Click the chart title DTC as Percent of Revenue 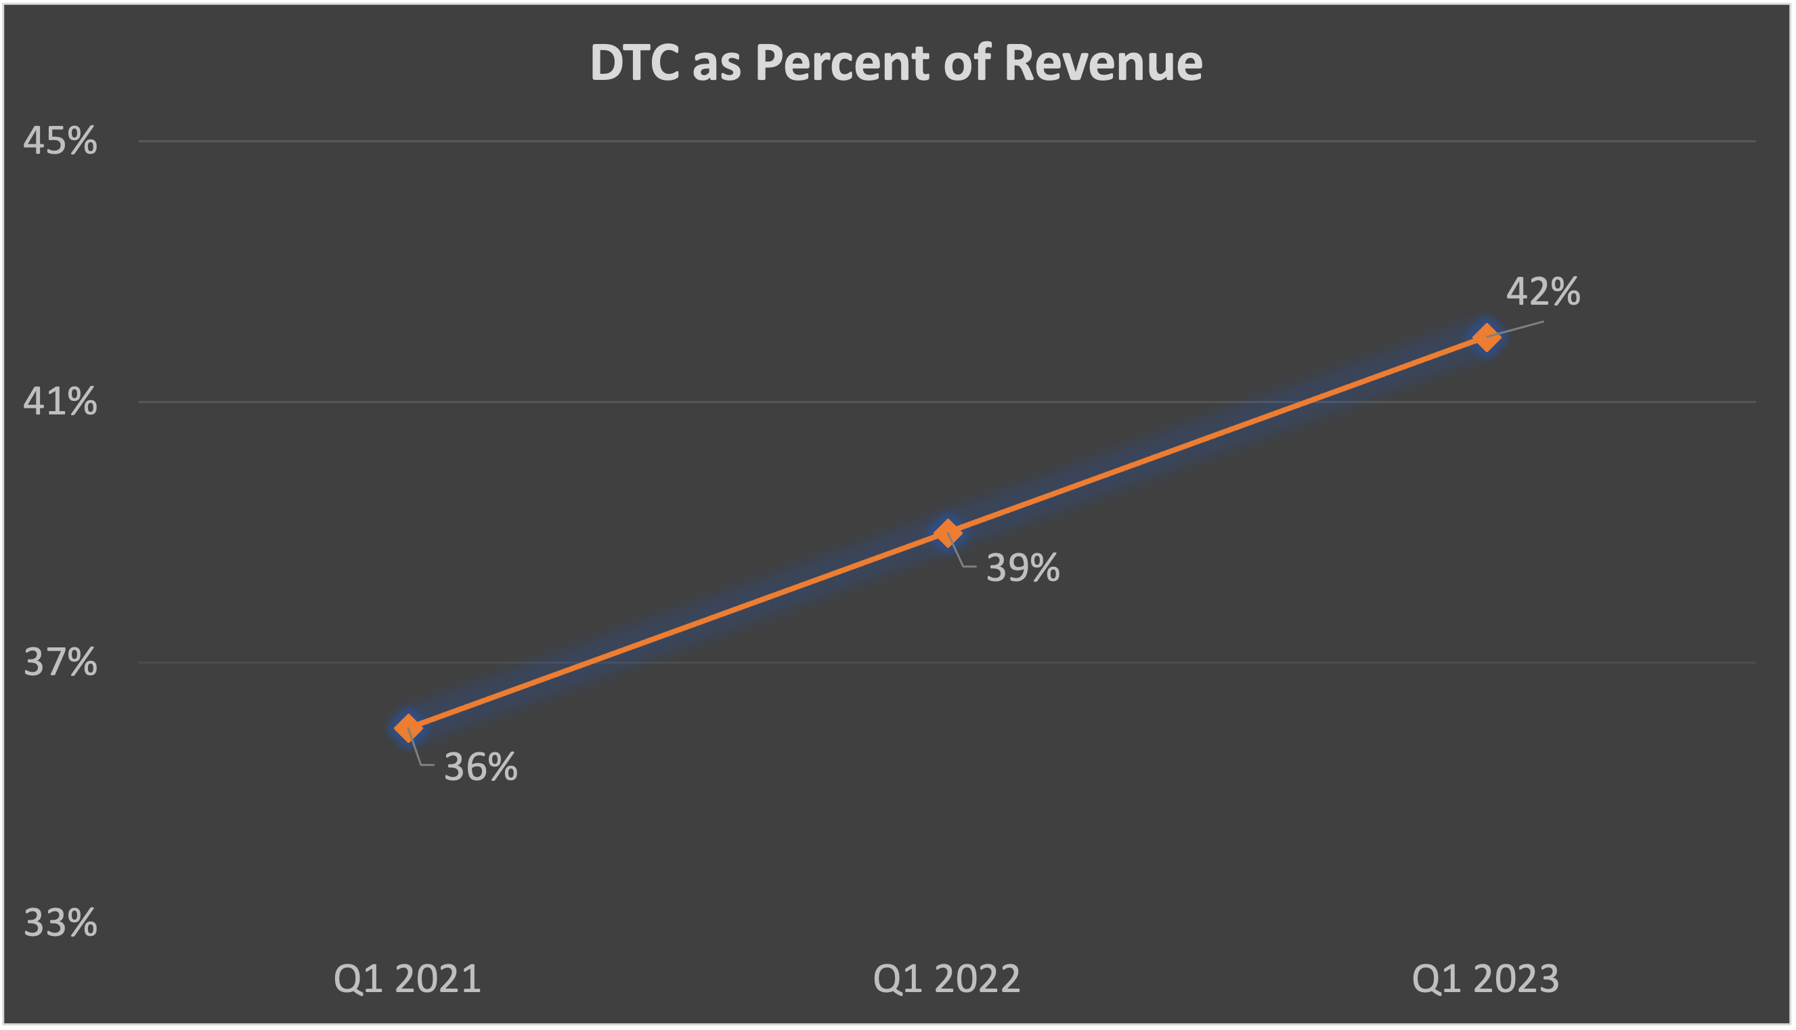click(x=896, y=64)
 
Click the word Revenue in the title click(x=1102, y=64)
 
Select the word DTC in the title click(x=634, y=64)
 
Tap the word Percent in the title click(x=842, y=64)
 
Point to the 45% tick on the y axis click(x=60, y=141)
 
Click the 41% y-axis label click(x=60, y=402)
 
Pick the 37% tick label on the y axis click(x=60, y=663)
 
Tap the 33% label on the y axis click(x=60, y=923)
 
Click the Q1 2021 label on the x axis click(x=408, y=980)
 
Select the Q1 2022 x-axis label click(x=947, y=980)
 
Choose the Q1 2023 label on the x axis click(x=1485, y=980)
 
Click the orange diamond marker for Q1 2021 click(x=408, y=728)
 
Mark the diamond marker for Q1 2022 click(x=948, y=533)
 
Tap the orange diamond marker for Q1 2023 click(x=1487, y=337)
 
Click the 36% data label click(x=481, y=767)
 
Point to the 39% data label click(x=1023, y=568)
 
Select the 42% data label click(x=1543, y=291)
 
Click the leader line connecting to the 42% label click(x=1520, y=328)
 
